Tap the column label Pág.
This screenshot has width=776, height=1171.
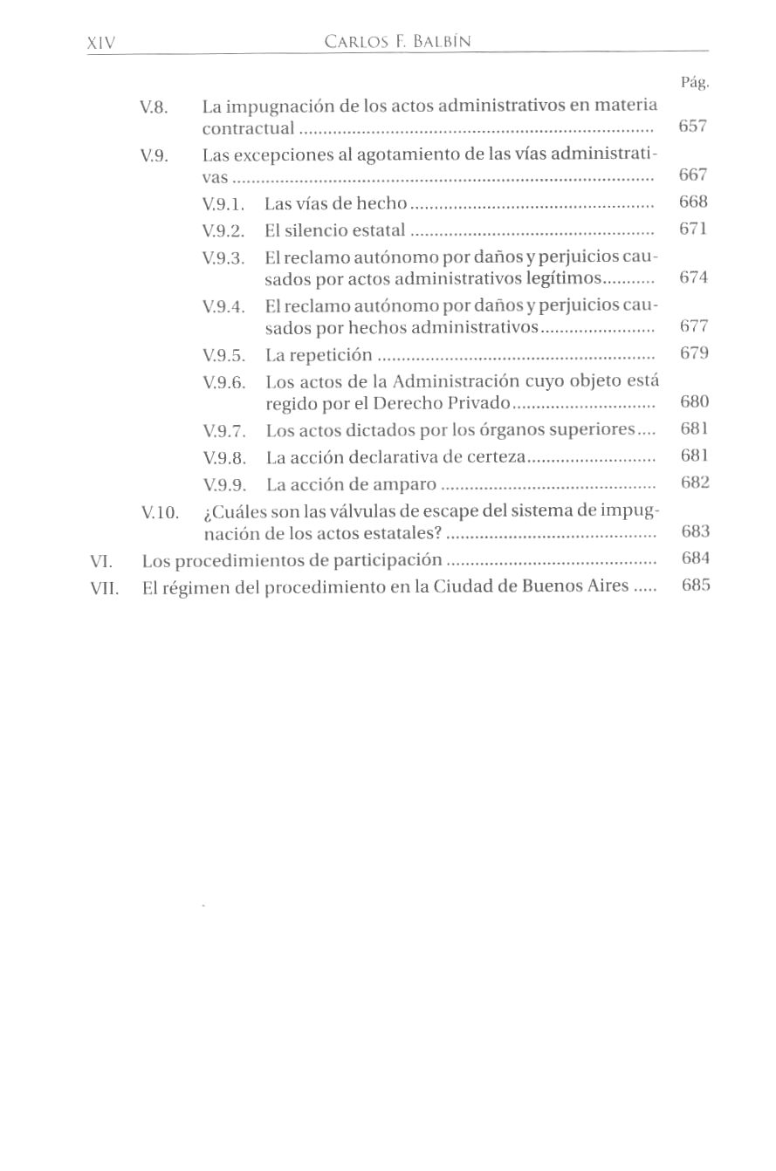pos(694,83)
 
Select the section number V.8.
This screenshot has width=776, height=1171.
pos(154,108)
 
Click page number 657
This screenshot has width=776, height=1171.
pos(692,126)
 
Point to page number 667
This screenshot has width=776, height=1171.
pos(692,175)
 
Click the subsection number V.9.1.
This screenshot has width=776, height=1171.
pos(223,204)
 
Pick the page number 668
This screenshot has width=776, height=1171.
pos(693,202)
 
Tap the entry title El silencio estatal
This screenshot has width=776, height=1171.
pos(335,230)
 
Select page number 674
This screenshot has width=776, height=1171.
pos(693,277)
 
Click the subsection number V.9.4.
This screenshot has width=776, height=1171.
pos(223,307)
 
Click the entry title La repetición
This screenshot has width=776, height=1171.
pos(319,355)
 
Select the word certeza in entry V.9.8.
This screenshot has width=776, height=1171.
pos(494,457)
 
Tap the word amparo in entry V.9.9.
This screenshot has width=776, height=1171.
pos(404,484)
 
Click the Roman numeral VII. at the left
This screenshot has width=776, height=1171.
pos(104,587)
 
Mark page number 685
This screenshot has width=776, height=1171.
pos(696,585)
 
